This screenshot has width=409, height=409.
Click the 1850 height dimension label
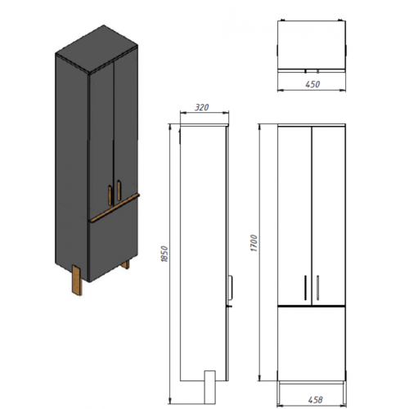coord(164,254)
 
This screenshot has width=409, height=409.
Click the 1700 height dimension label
coord(254,243)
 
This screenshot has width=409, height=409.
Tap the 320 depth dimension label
coord(202,107)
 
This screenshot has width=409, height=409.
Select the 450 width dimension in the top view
coord(312,84)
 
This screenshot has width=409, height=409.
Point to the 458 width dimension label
coord(316,400)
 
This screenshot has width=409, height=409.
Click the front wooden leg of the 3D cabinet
coord(77,280)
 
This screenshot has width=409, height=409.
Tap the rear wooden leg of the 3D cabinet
coord(125,264)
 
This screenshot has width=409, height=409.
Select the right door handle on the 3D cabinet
coord(119,190)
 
